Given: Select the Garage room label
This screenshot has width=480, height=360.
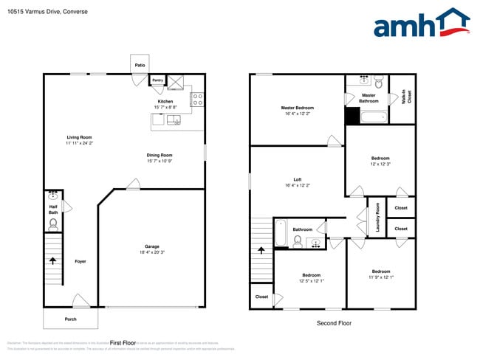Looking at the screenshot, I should pos(151,246).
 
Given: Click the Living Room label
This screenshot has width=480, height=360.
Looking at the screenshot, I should pos(79,137).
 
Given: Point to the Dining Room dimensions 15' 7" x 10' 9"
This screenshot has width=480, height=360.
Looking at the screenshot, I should pos(159,161).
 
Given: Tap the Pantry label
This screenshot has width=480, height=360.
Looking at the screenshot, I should pos(157,80).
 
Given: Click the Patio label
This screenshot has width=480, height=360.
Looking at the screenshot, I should pos(140,66).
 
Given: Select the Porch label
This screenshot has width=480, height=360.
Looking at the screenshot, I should pos(70,319).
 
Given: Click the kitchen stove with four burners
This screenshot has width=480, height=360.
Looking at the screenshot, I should pos(197,99).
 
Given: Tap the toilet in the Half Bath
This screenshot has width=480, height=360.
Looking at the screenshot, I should pos(53,223).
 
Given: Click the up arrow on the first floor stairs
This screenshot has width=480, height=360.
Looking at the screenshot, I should pos(52,260).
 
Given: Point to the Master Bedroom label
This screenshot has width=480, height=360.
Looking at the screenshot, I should pos(297,108).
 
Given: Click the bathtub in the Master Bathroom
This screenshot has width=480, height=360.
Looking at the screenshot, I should pos(370,117).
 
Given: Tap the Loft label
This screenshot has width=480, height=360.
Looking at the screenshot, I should pos(297,179).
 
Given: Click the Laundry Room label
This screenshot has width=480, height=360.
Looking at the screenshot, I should pos(377,218).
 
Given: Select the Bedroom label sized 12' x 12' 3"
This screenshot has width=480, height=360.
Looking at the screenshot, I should pos(380,158).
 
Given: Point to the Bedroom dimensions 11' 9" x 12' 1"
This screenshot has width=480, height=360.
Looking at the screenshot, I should pos(380,277).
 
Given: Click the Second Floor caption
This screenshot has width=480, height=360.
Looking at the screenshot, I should pos(333,323).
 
